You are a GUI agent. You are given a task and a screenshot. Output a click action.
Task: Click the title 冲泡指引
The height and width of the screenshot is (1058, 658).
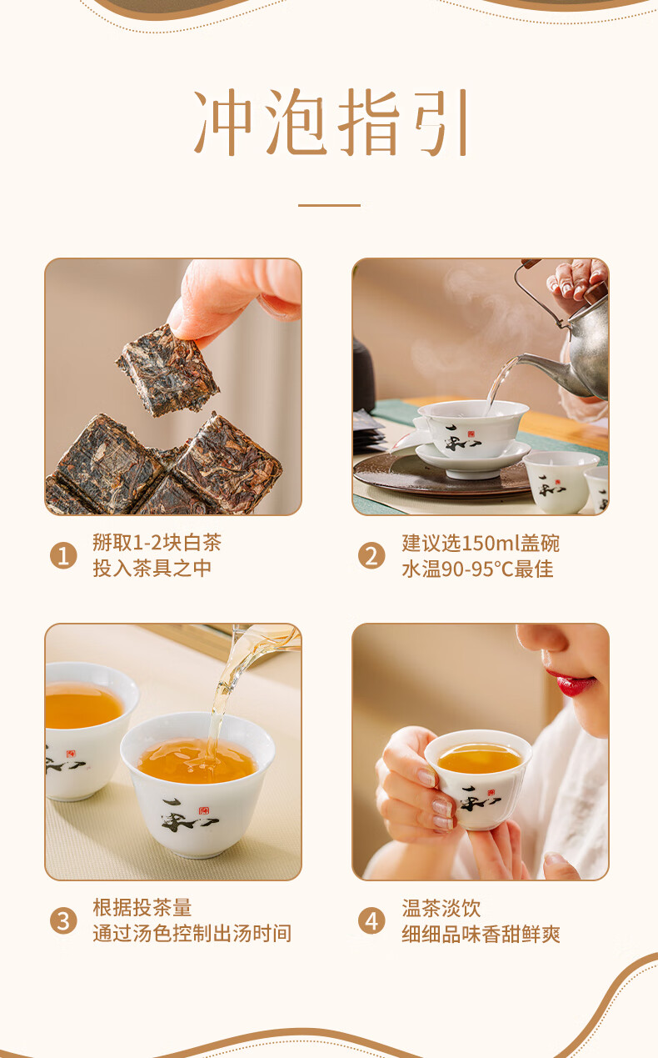pyautogui.click(x=331, y=122)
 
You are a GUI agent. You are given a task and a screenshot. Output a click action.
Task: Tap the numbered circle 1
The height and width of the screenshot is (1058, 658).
pyautogui.click(x=63, y=555)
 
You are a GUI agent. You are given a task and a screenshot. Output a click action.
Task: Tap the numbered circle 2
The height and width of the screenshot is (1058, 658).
pyautogui.click(x=371, y=555)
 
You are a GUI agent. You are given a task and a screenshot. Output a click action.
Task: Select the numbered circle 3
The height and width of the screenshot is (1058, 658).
pyautogui.click(x=63, y=921)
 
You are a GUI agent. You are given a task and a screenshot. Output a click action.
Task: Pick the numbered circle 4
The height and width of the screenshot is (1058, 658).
pyautogui.click(x=371, y=921)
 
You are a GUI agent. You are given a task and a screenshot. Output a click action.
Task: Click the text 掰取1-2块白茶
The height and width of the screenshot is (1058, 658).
pyautogui.click(x=157, y=542)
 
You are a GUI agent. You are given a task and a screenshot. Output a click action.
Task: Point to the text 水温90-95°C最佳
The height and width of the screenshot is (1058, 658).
pyautogui.click(x=477, y=569)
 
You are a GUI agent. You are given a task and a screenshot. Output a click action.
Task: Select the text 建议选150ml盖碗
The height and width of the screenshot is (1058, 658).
pyautogui.click(x=481, y=543)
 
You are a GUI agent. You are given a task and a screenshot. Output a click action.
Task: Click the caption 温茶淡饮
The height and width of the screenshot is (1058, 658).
pyautogui.click(x=441, y=908)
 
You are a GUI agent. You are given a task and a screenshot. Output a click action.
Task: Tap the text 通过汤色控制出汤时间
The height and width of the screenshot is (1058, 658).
pyautogui.click(x=192, y=934)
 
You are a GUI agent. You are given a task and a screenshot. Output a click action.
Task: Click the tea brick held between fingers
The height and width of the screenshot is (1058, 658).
pyautogui.click(x=167, y=371)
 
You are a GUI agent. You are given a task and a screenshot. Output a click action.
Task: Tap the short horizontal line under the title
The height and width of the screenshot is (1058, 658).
pyautogui.click(x=330, y=205)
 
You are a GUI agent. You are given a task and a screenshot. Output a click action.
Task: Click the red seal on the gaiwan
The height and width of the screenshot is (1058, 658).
pyautogui.click(x=471, y=434)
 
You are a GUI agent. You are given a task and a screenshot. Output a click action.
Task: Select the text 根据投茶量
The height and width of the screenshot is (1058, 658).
pyautogui.click(x=142, y=908)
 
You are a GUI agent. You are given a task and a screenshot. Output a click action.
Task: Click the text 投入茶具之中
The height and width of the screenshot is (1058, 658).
pyautogui.click(x=152, y=569)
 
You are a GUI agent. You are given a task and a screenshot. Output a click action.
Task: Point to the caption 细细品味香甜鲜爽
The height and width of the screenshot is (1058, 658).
pyautogui.click(x=481, y=935)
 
